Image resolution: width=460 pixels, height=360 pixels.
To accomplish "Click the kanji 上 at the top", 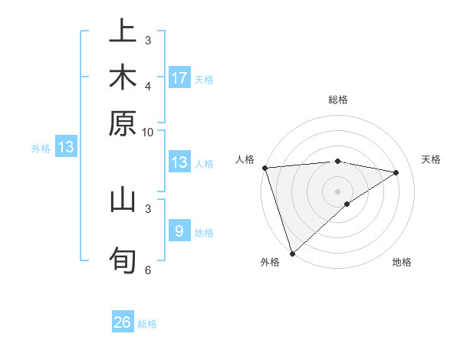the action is (x=123, y=32).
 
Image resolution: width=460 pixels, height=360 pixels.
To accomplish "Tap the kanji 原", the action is (x=123, y=123).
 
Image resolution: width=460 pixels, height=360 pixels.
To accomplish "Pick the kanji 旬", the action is (x=123, y=260).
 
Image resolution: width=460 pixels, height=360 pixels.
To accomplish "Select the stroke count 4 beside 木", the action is (x=148, y=86).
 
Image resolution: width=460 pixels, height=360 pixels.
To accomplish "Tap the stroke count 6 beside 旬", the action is (x=148, y=269).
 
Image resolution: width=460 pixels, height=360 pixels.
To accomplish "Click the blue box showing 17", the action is (x=179, y=77).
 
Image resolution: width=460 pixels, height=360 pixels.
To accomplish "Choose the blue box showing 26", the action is (x=123, y=322).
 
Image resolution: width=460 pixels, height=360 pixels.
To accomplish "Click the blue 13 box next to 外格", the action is (x=66, y=147).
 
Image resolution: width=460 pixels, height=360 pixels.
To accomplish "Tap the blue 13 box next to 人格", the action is (x=179, y=162).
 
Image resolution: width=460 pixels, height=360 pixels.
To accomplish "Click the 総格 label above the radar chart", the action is (x=337, y=100).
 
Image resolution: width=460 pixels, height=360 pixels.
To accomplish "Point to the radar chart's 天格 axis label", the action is (x=432, y=159).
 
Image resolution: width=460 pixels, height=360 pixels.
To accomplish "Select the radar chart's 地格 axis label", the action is (x=402, y=262).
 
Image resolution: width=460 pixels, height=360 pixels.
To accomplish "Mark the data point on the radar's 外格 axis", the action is (x=292, y=253).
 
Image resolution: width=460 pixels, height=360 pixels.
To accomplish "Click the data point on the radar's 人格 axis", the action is (x=264, y=168).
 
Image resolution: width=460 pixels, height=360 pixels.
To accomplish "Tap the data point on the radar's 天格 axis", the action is (x=396, y=172).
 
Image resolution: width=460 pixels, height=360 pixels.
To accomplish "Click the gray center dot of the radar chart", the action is (x=337, y=191).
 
